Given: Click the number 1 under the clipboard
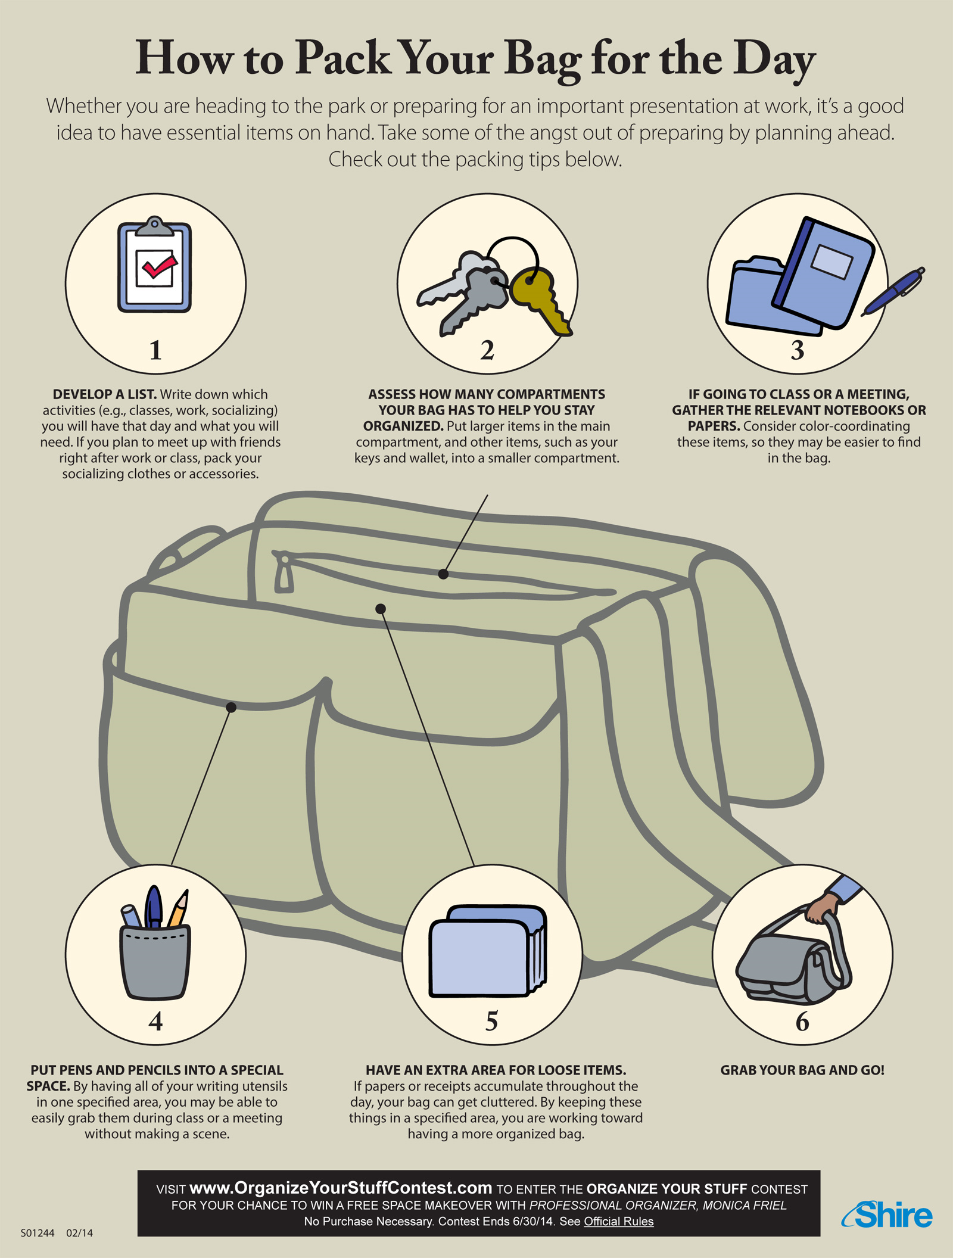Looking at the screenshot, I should (155, 350).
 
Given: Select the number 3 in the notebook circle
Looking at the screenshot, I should (797, 350).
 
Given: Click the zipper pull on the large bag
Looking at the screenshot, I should (284, 574).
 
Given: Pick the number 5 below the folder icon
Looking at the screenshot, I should (491, 1021).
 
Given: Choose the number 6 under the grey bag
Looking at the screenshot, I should (802, 1022).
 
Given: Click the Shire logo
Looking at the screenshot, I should (888, 1215).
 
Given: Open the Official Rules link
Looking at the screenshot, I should (618, 1222).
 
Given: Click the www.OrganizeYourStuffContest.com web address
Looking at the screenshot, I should (341, 1188).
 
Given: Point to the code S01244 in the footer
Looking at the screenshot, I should (38, 1233).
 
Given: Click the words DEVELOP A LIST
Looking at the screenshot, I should (104, 394).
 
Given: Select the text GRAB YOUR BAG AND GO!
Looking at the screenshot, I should (802, 1070).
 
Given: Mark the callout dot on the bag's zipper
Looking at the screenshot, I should (443, 574).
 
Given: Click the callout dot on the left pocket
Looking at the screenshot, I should (232, 707).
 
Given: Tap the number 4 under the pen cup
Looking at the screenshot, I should (155, 1022).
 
